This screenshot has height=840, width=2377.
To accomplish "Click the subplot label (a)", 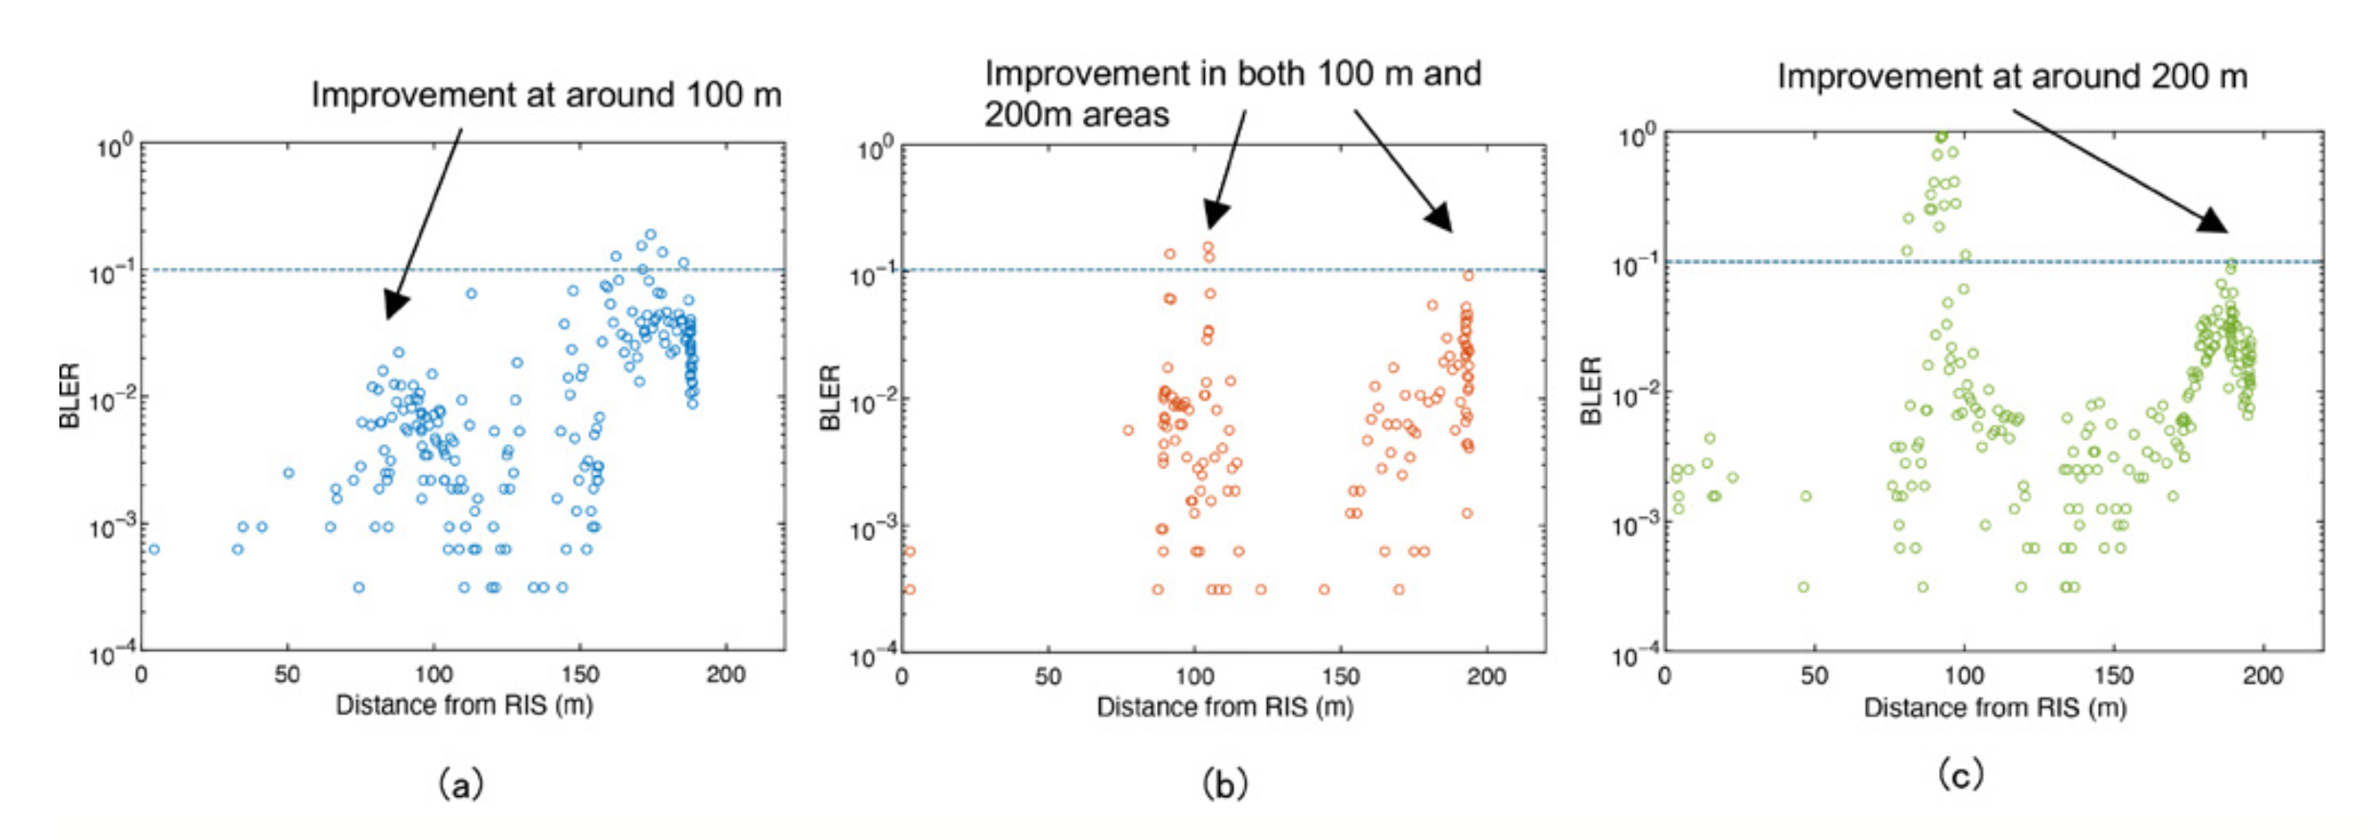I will [x=460, y=785].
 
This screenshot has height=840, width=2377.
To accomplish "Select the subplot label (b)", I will [x=1224, y=785].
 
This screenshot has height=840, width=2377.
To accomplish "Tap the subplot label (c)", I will [x=1960, y=774].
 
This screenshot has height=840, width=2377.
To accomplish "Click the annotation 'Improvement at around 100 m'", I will [x=545, y=95].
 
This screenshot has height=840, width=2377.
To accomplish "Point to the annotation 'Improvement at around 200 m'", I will [x=2012, y=77].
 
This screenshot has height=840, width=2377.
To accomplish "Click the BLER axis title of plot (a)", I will [x=69, y=395].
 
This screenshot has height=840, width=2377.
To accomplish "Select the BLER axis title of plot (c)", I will [x=1591, y=390].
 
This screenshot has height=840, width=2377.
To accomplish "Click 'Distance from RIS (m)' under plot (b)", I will [x=1224, y=708].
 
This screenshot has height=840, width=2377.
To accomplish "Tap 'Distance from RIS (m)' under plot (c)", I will [x=1995, y=708].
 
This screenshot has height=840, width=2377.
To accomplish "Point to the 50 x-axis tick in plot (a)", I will [x=288, y=675].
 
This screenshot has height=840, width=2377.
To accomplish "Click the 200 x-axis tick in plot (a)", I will [x=726, y=675].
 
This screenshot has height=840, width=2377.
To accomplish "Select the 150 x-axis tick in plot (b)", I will [x=1340, y=677].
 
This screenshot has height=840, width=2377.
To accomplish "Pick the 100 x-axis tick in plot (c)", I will [x=1964, y=676].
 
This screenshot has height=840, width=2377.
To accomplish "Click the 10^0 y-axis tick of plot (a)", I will [x=113, y=149].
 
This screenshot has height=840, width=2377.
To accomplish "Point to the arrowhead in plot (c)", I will [x=2214, y=222].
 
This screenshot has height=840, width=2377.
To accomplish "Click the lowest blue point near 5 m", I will [x=153, y=549].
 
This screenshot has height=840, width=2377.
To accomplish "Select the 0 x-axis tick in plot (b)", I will [x=902, y=677].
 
